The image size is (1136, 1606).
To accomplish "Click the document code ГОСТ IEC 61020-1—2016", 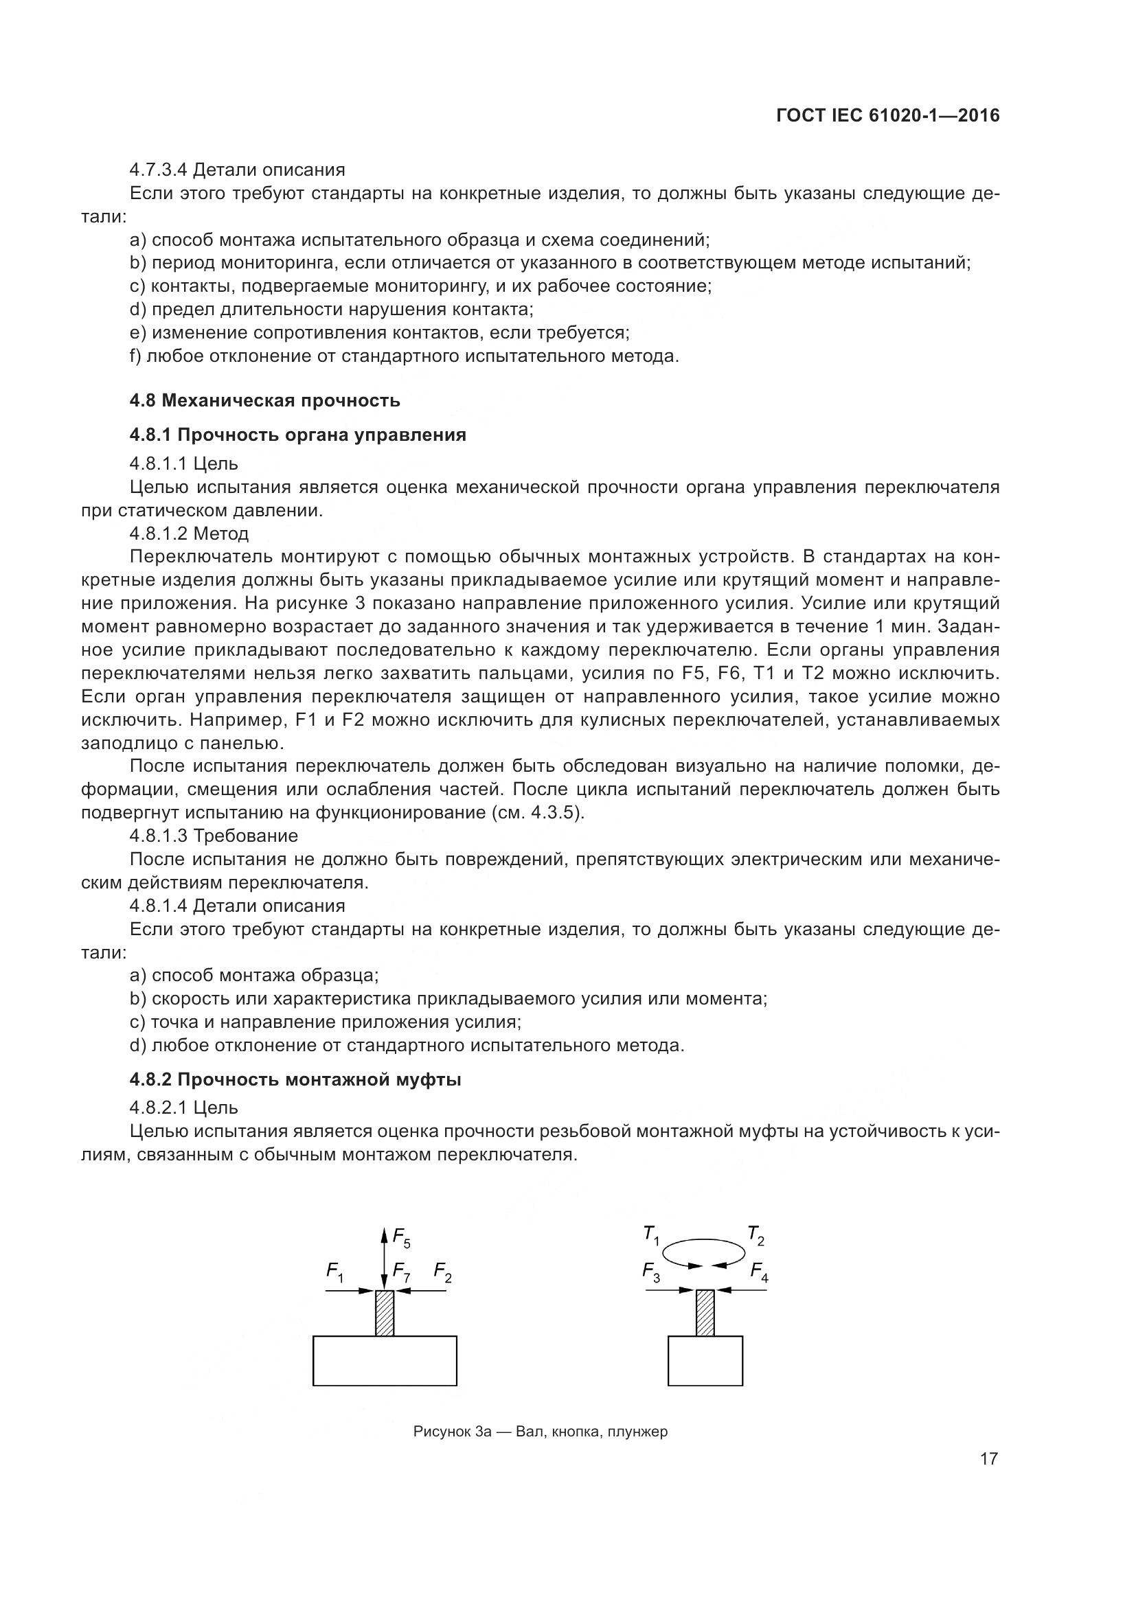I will coord(887,116).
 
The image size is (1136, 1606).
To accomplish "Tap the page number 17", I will coord(988,1458).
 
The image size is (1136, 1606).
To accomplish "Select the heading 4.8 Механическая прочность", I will coord(264,400).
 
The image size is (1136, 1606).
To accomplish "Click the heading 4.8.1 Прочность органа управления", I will coord(297,435).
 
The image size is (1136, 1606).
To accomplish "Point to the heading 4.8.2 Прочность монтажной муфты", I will coord(295,1079).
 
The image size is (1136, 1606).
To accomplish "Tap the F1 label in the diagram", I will coord(335,1272).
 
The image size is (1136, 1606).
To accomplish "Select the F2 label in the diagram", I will coord(442,1272).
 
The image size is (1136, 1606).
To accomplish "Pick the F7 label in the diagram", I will coord(401,1272).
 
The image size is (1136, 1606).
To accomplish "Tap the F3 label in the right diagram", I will coord(650,1272).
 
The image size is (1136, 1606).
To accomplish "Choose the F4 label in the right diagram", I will coord(759,1272).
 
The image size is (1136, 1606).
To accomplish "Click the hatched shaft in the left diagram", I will coord(385,1313).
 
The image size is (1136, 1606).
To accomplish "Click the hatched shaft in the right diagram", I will coord(705,1313).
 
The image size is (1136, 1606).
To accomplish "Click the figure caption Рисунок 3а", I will coord(540,1431).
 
